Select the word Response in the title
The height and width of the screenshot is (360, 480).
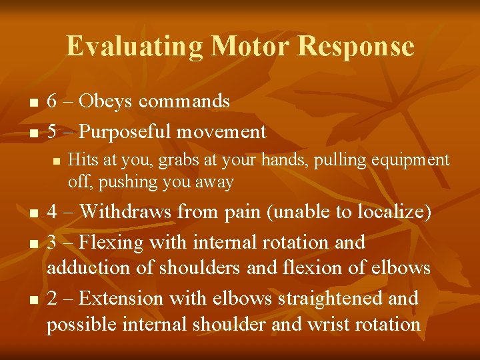click(356, 47)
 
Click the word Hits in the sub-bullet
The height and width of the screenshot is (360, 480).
click(80, 160)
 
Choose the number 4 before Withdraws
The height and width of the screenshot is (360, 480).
click(53, 212)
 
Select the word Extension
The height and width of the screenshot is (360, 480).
click(123, 298)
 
